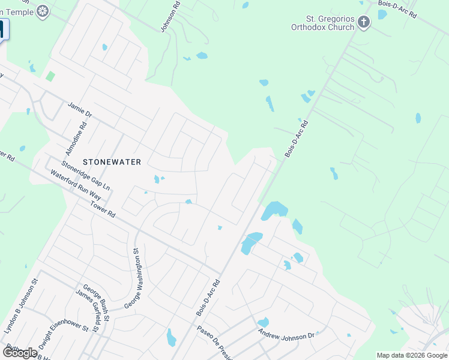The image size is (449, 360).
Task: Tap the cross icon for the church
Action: [x=364, y=23]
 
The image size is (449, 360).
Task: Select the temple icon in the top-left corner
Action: [x=43, y=10]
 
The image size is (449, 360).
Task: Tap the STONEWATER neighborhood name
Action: [x=112, y=162]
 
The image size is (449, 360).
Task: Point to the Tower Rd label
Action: [x=102, y=209]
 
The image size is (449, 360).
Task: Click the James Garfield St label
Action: [x=91, y=309]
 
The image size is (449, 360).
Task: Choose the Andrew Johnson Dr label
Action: [x=286, y=334]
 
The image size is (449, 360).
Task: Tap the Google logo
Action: [x=20, y=352]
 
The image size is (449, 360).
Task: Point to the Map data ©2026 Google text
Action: [x=412, y=355]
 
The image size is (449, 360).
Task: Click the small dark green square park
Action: [x=50, y=76]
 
